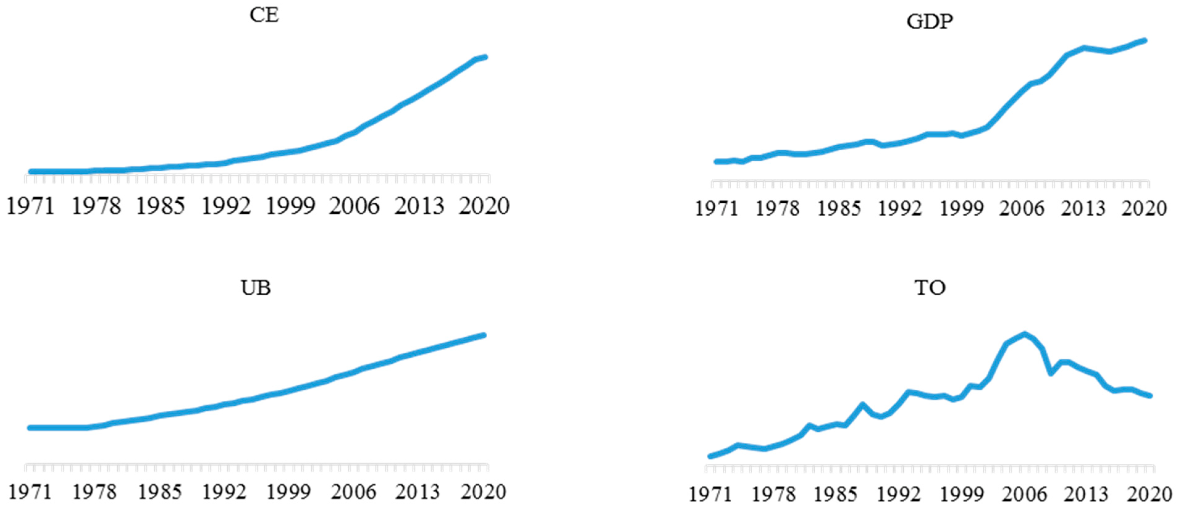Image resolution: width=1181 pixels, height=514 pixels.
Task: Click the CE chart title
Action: click(264, 15)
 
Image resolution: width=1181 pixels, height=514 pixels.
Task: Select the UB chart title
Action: click(256, 288)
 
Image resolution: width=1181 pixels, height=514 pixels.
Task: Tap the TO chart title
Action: click(930, 288)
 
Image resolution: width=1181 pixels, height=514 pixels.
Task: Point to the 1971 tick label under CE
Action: click(30, 206)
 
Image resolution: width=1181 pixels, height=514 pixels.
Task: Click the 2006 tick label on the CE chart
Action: click(354, 206)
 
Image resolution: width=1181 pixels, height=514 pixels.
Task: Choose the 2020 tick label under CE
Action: click(484, 206)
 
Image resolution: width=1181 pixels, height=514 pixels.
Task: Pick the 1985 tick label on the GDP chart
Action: click(839, 209)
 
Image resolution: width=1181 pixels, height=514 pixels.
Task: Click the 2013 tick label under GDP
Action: click(1084, 209)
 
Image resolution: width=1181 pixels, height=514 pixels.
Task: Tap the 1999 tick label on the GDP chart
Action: click(962, 209)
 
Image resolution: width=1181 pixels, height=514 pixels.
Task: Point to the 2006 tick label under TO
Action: click(1024, 494)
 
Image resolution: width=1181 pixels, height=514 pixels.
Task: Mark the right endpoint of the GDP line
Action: click(1145, 41)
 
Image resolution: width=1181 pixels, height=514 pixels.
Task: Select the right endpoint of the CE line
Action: click(485, 57)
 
